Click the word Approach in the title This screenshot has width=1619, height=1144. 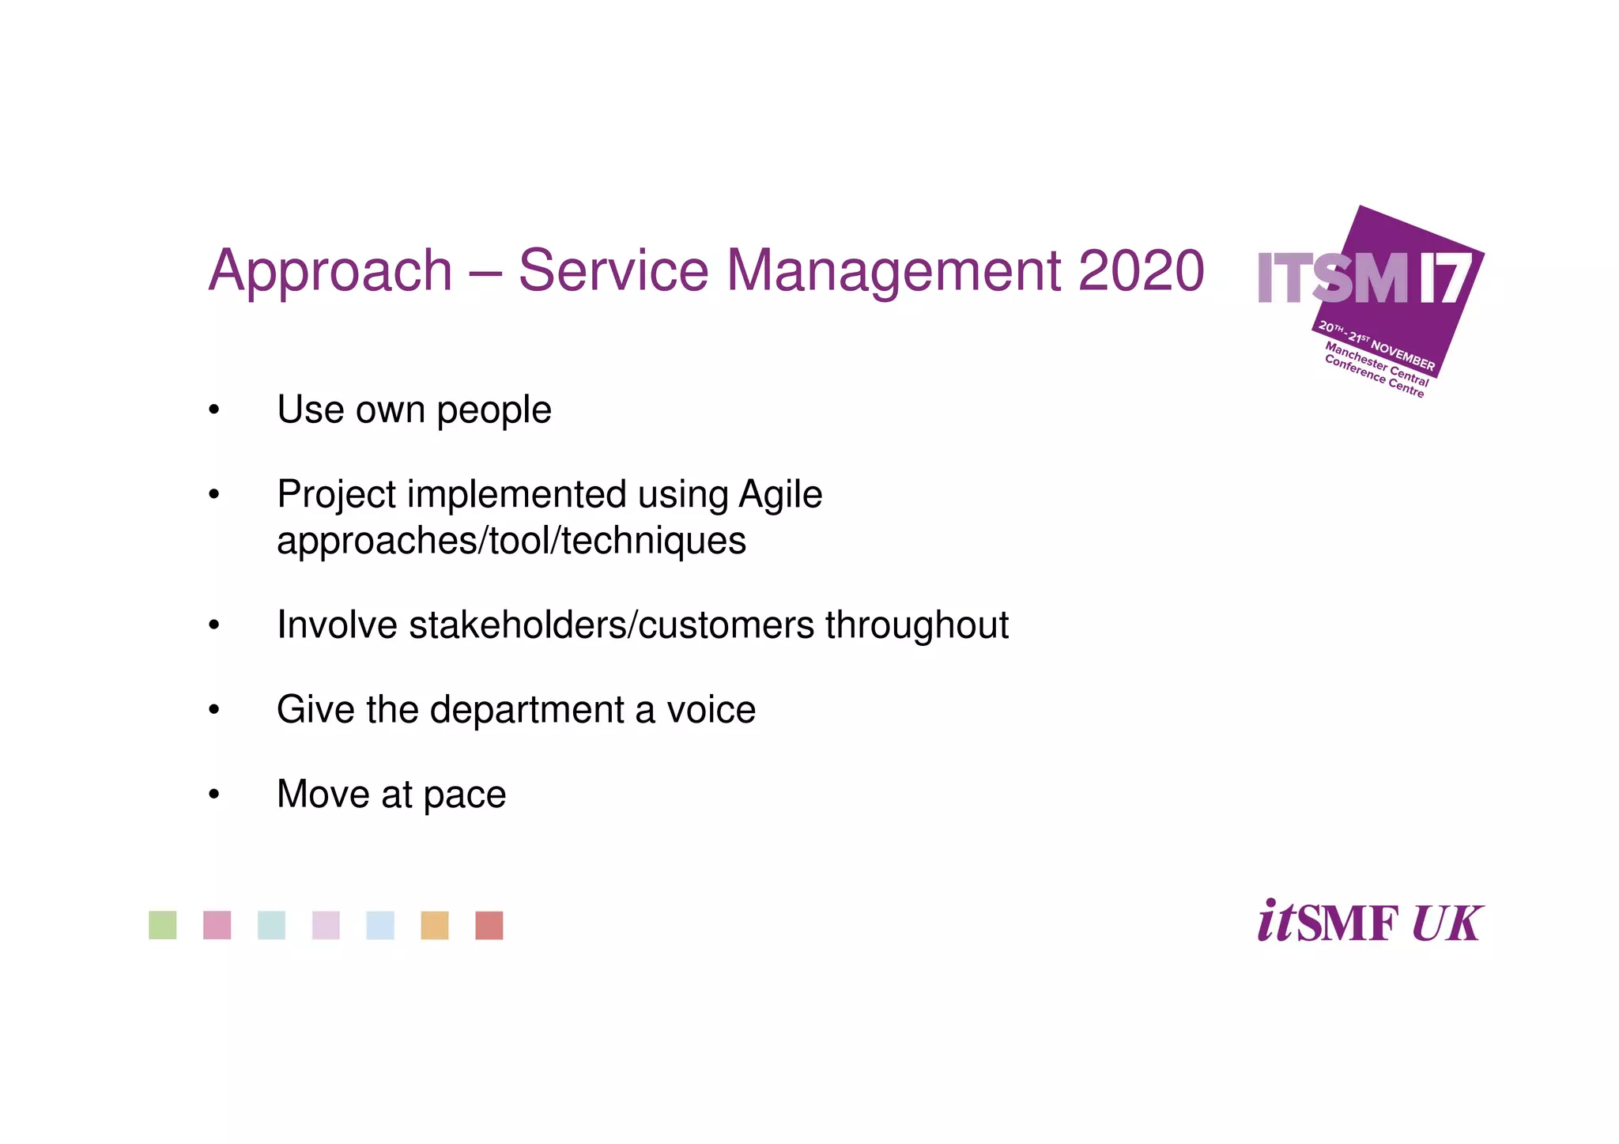330,271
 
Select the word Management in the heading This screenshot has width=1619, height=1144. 894,271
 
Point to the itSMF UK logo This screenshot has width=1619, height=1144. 1370,922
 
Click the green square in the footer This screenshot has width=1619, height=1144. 163,925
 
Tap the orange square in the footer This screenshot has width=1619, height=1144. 435,925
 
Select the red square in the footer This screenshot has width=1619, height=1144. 489,925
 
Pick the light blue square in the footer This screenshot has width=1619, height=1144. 380,925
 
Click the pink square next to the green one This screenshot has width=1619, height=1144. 217,925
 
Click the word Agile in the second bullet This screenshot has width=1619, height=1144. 780,495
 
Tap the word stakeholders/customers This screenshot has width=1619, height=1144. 611,625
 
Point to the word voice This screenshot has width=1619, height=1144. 711,709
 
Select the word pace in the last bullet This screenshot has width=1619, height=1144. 465,795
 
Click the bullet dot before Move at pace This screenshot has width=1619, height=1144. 213,794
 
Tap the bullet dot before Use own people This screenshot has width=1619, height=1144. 213,410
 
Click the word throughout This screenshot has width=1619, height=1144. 917,625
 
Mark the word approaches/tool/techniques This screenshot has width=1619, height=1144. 511,542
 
